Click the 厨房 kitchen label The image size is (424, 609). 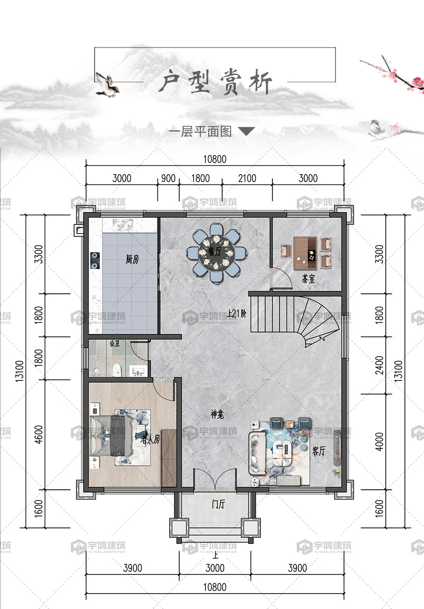click(132, 259)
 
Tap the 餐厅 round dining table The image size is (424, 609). click(216, 253)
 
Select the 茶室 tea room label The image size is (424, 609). click(308, 279)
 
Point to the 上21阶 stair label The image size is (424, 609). click(237, 314)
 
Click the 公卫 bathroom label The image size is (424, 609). click(115, 344)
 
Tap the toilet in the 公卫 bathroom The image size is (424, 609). click(117, 370)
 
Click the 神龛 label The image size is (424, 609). click(217, 414)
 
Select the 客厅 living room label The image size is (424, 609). click(319, 451)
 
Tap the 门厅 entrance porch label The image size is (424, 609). click(218, 504)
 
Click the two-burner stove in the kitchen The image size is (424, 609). click(95, 260)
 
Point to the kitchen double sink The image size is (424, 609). click(123, 224)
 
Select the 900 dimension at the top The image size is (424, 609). click(168, 178)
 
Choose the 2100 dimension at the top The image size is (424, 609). click(247, 178)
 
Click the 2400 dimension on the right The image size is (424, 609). click(379, 365)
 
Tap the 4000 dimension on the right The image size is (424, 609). click(379, 442)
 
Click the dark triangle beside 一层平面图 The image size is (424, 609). click(246, 131)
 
